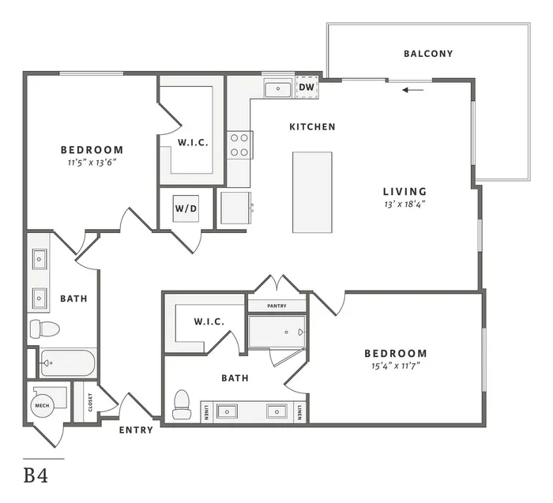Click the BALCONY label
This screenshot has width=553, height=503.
coord(428,54)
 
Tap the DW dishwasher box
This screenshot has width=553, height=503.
coord(307,87)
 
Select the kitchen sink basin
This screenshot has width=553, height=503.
coord(278,89)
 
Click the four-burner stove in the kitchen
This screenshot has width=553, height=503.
coord(239,145)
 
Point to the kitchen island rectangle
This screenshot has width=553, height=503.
coord(313,193)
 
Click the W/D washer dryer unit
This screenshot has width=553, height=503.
coord(186,208)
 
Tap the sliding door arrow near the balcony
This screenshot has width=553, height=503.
coord(413,90)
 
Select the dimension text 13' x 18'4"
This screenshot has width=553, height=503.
coord(404,204)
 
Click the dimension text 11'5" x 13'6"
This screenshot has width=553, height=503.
coord(92,163)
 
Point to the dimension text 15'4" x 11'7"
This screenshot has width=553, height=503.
coord(395,366)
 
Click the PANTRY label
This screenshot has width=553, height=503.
coord(276,306)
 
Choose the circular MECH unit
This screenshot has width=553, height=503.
coord(43,405)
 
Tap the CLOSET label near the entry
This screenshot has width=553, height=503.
coord(90,402)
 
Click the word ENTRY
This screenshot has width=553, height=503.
coord(136,430)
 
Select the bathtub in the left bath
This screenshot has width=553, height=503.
coord(67,362)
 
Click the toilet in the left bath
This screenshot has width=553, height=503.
coord(44,328)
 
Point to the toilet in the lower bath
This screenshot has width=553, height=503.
coord(182,404)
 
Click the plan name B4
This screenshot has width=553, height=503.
coord(36,475)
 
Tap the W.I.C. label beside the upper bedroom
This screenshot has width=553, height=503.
coord(193,143)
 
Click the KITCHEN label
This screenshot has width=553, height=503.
coord(313,127)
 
